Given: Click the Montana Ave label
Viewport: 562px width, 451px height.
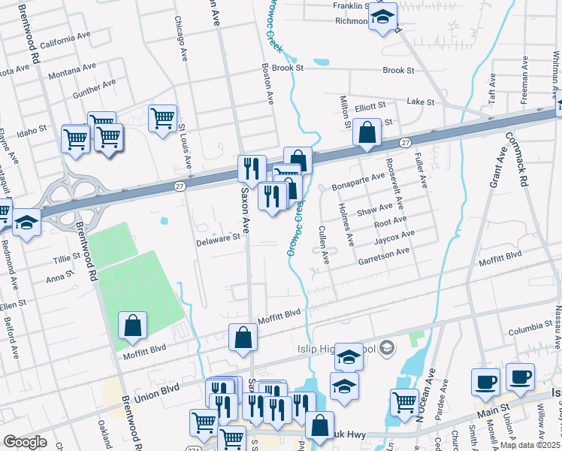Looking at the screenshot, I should pos(72,71).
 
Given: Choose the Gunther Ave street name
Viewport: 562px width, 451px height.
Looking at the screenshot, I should pos(93,89).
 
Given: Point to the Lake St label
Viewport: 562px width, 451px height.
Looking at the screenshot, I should pos(421,101).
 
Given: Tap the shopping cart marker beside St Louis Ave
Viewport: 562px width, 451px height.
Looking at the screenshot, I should pos(162,118).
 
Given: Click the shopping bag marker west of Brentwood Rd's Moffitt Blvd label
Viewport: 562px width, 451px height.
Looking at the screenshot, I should pos(132,325).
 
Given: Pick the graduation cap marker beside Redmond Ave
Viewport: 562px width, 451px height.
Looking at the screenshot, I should pos(27,222).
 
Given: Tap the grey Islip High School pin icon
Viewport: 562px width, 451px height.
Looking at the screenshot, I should pos(386,347).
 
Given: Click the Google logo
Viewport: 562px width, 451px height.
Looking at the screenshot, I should pos(25,442).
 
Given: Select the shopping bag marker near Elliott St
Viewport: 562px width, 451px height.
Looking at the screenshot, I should pos(367,132).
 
